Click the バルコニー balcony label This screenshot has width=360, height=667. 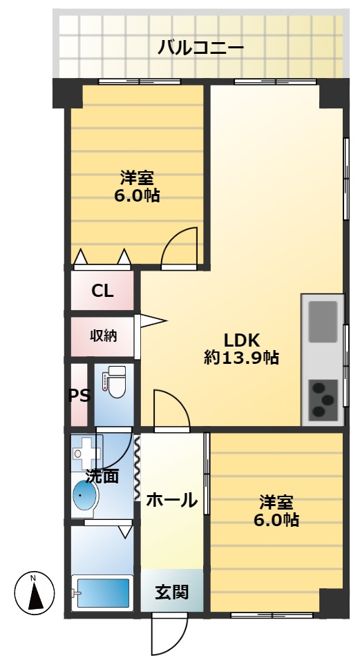pyautogui.click(x=200, y=47)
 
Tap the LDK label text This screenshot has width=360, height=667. pyautogui.click(x=241, y=340)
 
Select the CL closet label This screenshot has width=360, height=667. pyautogui.click(x=102, y=291)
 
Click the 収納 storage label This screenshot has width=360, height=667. pyautogui.click(x=103, y=336)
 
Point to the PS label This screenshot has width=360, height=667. pyautogui.click(x=79, y=396)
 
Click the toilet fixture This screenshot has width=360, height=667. pyautogui.click(x=114, y=381)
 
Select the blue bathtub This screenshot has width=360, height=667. pyautogui.click(x=102, y=593)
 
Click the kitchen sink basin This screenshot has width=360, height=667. pyautogui.click(x=323, y=322)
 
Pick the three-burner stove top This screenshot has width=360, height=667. pyautogui.click(x=323, y=399)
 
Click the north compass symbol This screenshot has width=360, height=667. pyautogui.click(x=34, y=592)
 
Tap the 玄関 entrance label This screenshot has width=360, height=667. pyautogui.click(x=171, y=592)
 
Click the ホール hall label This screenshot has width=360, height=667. pyautogui.click(x=172, y=500)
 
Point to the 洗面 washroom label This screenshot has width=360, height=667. pyautogui.click(x=102, y=476)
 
